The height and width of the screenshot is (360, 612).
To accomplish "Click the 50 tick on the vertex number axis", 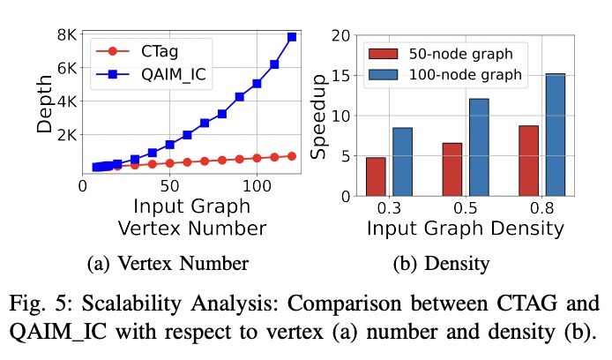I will [x=170, y=188].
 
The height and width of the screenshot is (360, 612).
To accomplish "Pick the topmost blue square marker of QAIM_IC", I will [x=291, y=37].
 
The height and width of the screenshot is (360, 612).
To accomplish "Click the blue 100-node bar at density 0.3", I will [x=401, y=161].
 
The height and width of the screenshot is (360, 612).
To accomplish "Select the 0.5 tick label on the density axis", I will [x=465, y=208].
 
